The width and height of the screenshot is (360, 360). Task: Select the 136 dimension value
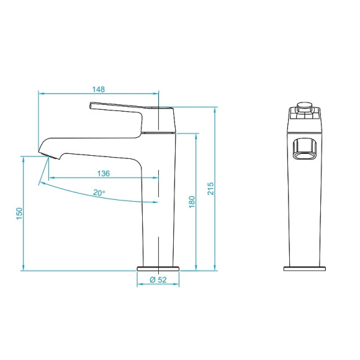click(x=104, y=173)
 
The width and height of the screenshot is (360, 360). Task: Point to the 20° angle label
click(x=99, y=193)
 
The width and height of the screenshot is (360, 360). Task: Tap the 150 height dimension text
click(x=19, y=214)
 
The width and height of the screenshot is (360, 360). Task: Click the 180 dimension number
click(x=192, y=202)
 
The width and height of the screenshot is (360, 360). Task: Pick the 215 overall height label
click(x=210, y=188)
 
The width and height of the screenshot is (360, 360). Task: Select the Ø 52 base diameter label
click(x=159, y=281)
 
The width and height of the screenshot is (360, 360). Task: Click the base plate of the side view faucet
click(x=158, y=269)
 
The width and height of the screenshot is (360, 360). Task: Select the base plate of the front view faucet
click(x=305, y=269)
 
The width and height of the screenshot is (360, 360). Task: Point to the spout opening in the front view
click(x=305, y=150)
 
